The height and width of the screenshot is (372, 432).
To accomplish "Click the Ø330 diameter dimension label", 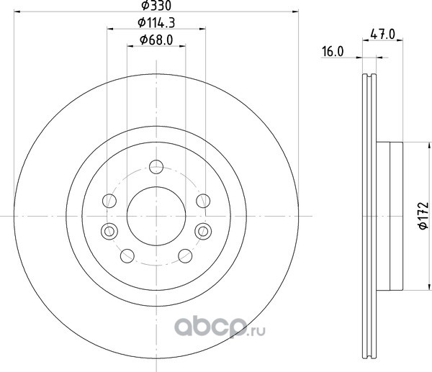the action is [156, 5].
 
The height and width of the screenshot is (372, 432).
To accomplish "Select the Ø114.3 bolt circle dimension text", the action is [156, 22].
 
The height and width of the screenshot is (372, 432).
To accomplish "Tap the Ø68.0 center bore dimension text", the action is [156, 40].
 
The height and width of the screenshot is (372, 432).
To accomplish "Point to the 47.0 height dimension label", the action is [383, 34].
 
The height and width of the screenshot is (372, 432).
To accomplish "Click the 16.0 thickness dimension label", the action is [333, 52].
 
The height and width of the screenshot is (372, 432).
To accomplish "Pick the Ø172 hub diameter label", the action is [423, 216].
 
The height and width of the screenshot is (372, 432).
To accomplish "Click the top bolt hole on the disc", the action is [156, 167].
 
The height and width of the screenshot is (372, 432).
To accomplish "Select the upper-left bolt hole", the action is [109, 201].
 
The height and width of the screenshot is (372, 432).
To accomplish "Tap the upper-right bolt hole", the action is [203, 201].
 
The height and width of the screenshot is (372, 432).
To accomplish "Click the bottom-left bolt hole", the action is [127, 256].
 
